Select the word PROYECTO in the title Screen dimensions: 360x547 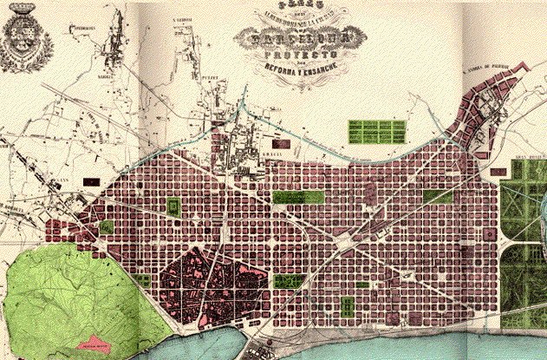(x=288, y=55)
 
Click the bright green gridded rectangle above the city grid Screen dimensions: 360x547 (x=376, y=132)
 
